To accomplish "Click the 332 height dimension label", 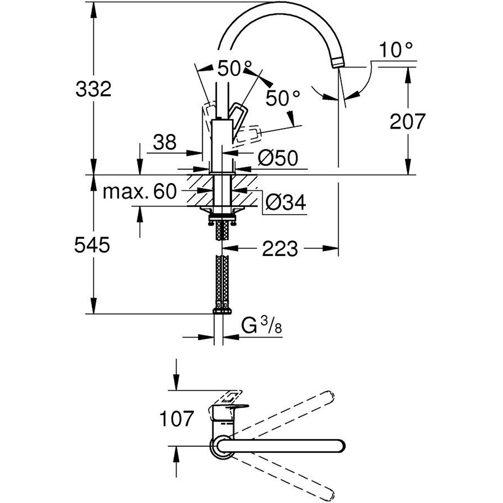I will [x=94, y=90].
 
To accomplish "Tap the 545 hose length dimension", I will [x=92, y=246].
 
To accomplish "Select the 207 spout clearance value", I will [x=408, y=121].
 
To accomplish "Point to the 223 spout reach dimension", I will [x=280, y=248].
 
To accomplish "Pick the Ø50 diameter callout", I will [x=278, y=158].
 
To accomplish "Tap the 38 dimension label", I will [x=165, y=142].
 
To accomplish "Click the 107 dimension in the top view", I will [x=176, y=419].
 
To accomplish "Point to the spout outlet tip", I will [x=338, y=64].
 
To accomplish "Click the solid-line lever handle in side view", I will [x=239, y=118].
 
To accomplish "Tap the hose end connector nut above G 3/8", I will [x=222, y=310].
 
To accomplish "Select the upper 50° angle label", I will [x=235, y=69].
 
